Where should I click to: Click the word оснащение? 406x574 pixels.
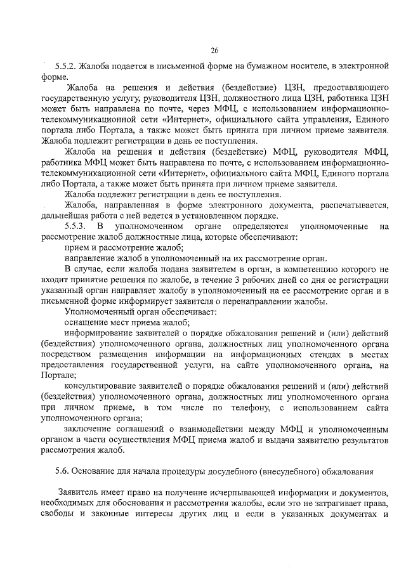(86, 323)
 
